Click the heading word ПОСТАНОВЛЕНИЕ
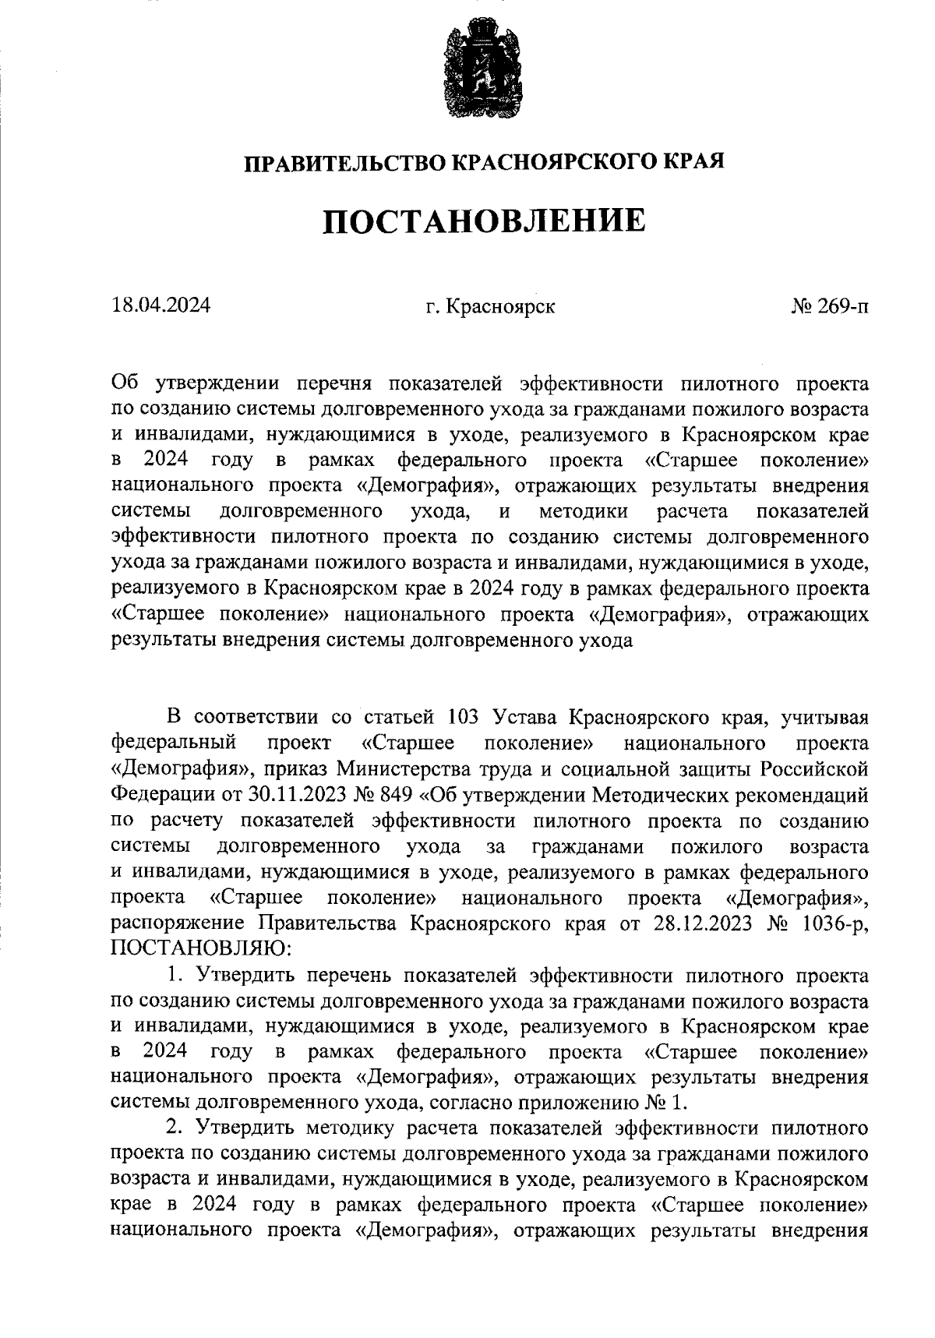[484, 221]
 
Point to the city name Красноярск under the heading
[501, 306]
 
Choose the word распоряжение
[178, 923]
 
